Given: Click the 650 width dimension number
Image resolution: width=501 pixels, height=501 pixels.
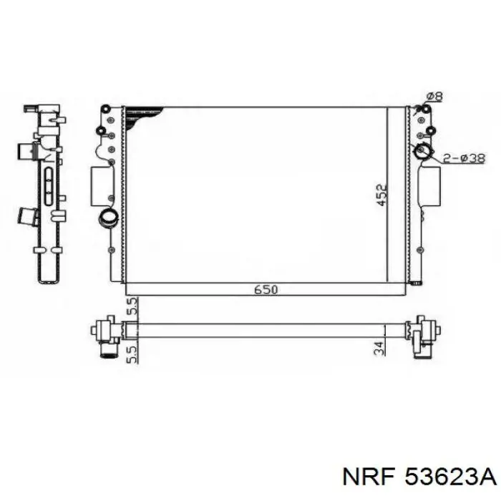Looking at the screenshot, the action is (266, 289).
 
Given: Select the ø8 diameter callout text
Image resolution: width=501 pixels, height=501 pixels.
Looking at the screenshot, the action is (434, 97).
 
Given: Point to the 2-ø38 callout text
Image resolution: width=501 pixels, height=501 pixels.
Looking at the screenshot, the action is (464, 158).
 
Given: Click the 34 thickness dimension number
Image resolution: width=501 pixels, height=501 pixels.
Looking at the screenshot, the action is (379, 349).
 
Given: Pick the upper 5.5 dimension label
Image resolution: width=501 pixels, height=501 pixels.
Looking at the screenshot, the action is (133, 306).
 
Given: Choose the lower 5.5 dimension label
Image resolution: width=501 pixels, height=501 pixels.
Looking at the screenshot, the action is (133, 354).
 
